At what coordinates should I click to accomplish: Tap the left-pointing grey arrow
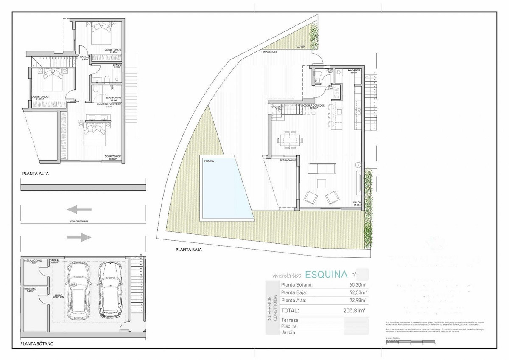click(79, 209)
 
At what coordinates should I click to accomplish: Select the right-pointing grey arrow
click(79, 237)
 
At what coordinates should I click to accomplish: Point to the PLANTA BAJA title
click(188, 250)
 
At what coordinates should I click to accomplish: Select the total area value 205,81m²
click(355, 310)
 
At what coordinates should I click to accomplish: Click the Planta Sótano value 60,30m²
click(357, 285)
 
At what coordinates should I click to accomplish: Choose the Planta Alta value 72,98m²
click(357, 301)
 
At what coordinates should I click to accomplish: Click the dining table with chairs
click(291, 139)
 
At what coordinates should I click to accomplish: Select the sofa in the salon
click(322, 169)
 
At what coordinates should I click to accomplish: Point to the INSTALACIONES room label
click(33, 260)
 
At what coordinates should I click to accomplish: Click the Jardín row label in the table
click(288, 332)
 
